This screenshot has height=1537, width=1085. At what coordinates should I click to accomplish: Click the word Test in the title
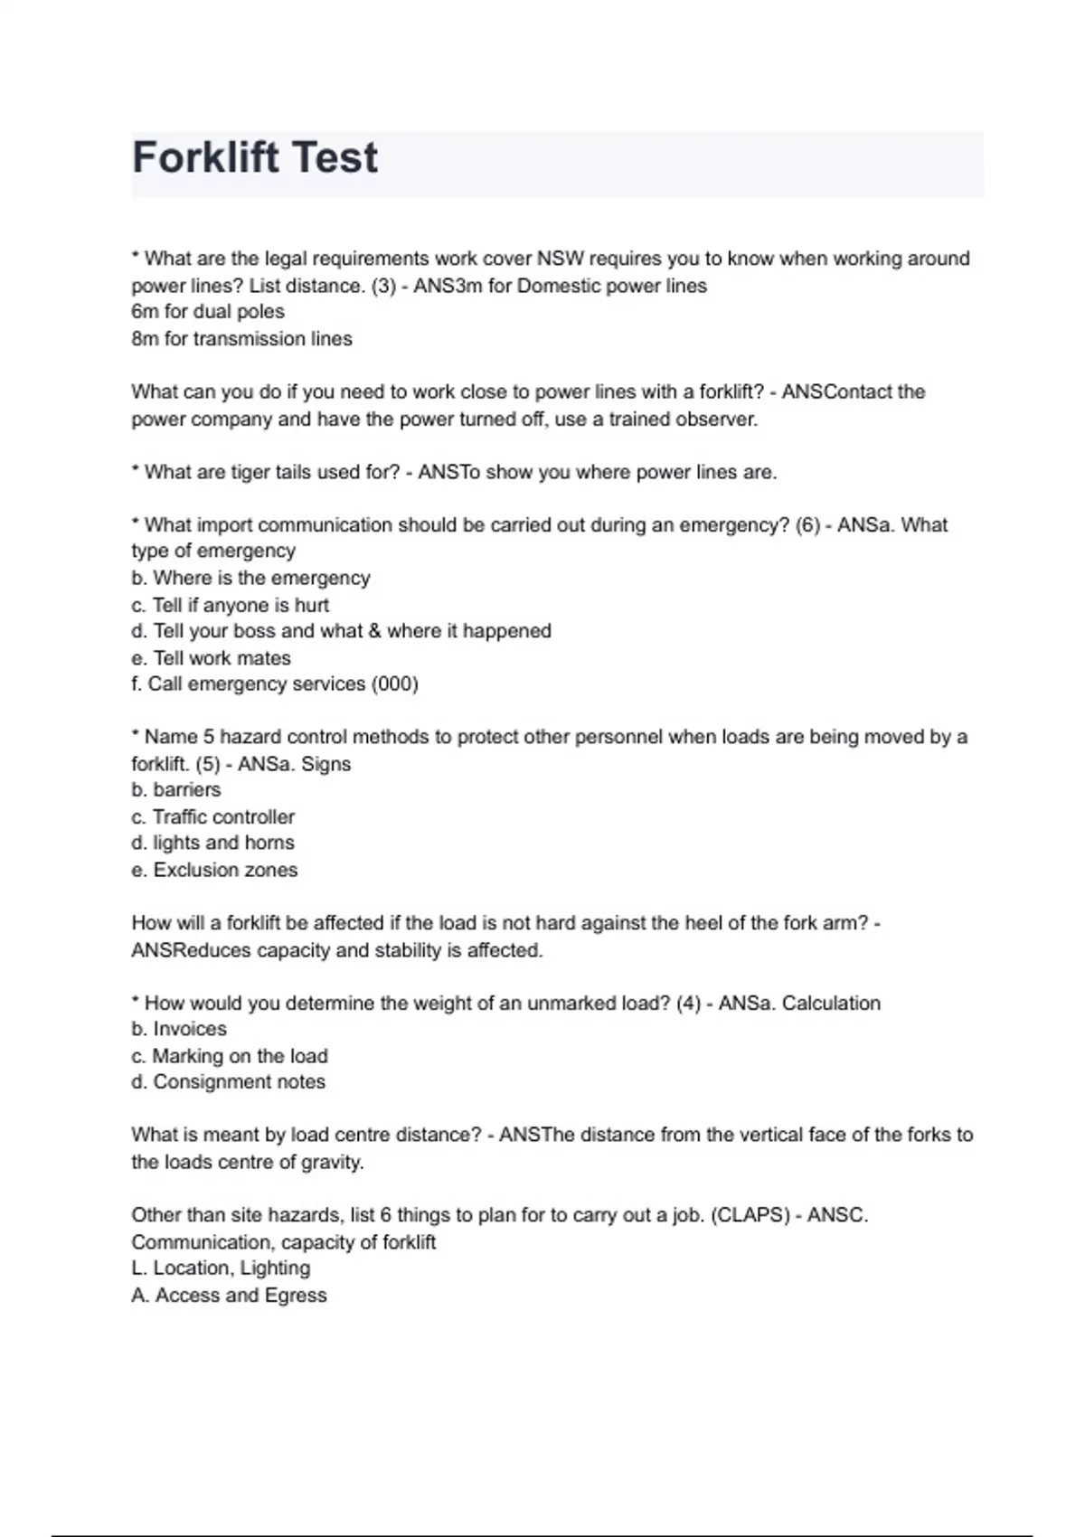click(335, 158)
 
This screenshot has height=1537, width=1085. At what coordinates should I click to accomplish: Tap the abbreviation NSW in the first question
click(561, 259)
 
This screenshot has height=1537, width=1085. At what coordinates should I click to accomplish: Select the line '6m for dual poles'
click(208, 312)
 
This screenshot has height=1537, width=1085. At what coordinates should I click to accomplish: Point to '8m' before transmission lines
click(145, 339)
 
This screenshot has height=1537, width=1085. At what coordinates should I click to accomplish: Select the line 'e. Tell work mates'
click(211, 658)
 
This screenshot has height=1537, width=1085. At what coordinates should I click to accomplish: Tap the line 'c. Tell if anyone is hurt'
click(230, 605)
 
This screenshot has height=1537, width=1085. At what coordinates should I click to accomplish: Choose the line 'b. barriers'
click(175, 790)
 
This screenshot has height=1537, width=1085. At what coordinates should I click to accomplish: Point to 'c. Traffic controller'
click(212, 817)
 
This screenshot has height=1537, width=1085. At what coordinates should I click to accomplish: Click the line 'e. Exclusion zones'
click(214, 870)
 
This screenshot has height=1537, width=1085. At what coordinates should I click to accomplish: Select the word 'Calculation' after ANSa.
click(831, 1003)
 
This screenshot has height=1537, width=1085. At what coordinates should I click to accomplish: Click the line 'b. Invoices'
click(179, 1029)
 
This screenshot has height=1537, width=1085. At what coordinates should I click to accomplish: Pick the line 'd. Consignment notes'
click(228, 1082)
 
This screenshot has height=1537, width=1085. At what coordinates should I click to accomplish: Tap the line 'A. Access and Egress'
click(229, 1296)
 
